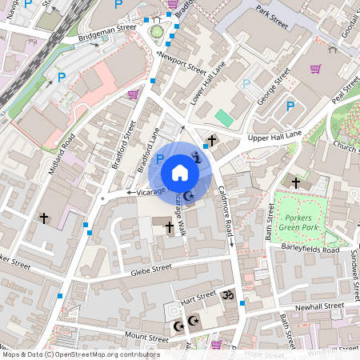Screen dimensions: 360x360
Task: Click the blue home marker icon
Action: (x=180, y=172)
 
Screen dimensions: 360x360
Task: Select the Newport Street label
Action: (x=182, y=62)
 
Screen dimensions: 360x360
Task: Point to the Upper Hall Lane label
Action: (x=274, y=137)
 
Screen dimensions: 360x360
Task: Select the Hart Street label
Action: (x=198, y=298)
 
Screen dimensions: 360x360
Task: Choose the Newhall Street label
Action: (x=318, y=306)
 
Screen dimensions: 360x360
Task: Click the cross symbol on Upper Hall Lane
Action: (x=211, y=142)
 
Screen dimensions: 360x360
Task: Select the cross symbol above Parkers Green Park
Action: (x=296, y=183)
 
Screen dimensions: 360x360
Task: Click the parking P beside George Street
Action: (x=290, y=105)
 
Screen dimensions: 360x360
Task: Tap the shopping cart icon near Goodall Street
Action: (x=315, y=69)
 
